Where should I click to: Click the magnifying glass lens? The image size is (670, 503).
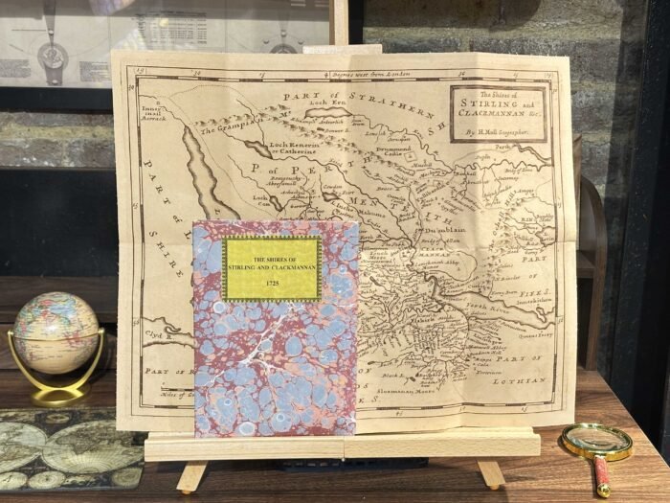(x=595, y=442)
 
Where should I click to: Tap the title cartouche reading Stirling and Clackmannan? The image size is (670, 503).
(x=498, y=113)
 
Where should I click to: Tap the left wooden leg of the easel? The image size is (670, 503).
(x=192, y=474)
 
